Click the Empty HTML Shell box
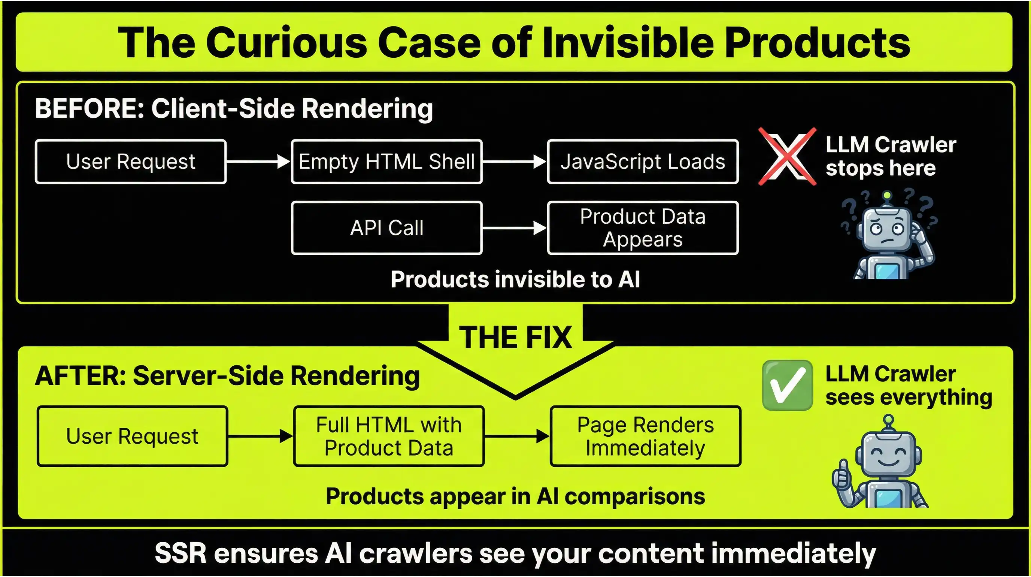point(386,162)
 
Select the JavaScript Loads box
point(643,162)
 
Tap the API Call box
point(386,228)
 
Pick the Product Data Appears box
point(643,228)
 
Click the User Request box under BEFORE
point(130,162)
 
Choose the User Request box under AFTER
point(132,436)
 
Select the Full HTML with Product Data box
point(389,436)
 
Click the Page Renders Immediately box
point(645,436)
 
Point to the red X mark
point(787,157)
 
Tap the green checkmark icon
point(787,385)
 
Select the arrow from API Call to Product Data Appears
point(514,228)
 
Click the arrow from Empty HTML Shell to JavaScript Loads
point(514,162)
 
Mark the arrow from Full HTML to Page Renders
point(517,436)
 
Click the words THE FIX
point(515,338)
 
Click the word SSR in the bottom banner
point(181,553)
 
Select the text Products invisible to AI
point(515,279)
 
